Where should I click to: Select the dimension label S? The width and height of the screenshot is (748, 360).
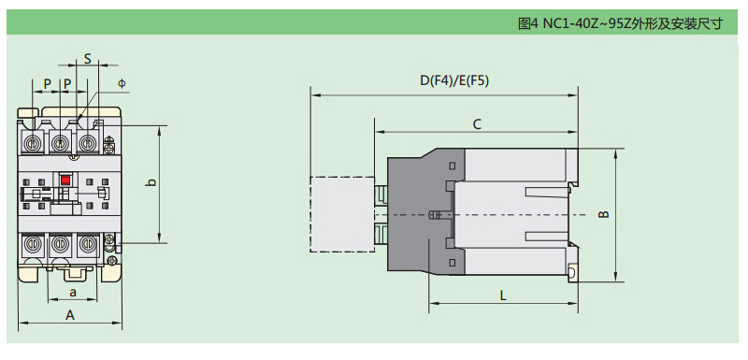coord(88,59)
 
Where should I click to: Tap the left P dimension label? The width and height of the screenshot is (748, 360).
coord(48,84)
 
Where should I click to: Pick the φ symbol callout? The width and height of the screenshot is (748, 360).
coord(122,83)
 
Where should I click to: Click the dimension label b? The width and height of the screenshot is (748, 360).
coord(151,182)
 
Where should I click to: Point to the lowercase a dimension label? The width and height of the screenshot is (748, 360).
coord(73,293)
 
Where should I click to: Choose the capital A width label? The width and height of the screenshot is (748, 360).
coord(70,315)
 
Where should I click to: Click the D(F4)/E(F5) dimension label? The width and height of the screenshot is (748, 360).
coord(454,81)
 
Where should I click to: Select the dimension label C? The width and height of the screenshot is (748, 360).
coord(477,124)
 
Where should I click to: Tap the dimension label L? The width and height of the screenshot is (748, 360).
coord(503,295)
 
